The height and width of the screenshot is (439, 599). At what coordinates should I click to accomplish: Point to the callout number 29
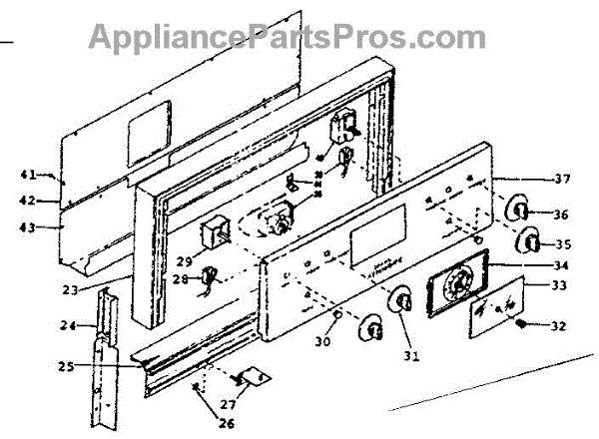click(184, 261)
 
